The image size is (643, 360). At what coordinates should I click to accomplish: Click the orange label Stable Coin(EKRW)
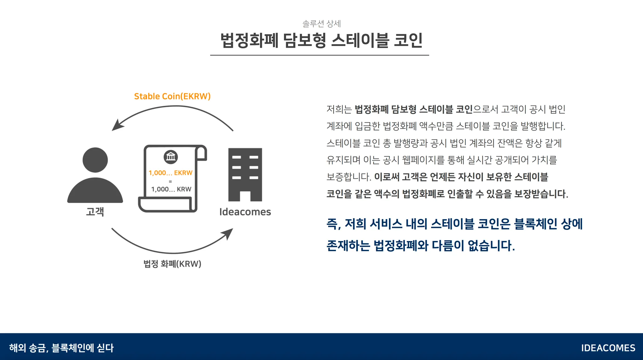[172, 96]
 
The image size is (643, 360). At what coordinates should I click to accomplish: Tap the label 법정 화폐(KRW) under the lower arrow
[172, 264]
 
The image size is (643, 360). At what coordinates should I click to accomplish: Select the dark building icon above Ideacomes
[245, 175]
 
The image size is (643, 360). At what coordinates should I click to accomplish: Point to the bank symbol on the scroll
[170, 157]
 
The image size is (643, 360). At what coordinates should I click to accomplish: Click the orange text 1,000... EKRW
[170, 173]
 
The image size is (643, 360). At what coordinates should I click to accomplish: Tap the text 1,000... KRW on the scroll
[171, 189]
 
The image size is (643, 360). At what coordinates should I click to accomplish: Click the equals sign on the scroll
[170, 181]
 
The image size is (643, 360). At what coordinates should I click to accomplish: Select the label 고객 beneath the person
[95, 212]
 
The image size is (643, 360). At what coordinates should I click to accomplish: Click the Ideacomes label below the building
[245, 212]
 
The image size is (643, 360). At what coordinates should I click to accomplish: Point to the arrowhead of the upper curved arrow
[117, 126]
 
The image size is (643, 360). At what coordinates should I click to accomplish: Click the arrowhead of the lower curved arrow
[228, 233]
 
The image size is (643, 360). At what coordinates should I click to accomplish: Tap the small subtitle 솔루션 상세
[321, 24]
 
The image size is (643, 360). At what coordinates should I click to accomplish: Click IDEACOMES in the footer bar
[608, 348]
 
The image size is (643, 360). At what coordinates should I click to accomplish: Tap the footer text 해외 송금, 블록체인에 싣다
[62, 348]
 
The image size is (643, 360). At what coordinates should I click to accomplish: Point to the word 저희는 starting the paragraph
[339, 109]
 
